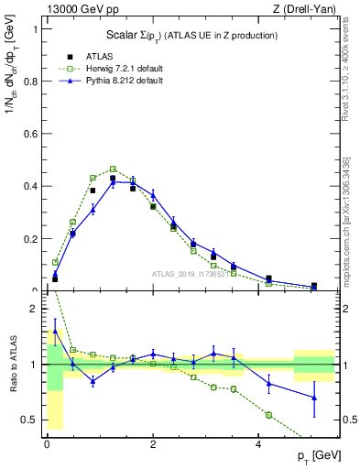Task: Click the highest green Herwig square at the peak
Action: pyautogui.click(x=113, y=169)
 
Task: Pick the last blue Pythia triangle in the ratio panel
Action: pyautogui.click(x=314, y=398)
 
